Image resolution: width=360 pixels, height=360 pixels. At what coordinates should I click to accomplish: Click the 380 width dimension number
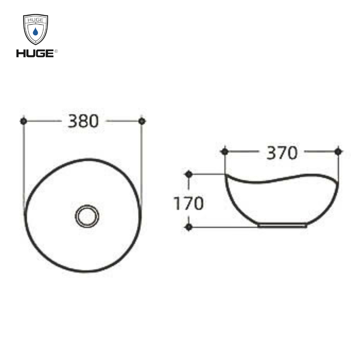[83, 121]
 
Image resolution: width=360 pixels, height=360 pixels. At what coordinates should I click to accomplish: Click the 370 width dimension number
[282, 153]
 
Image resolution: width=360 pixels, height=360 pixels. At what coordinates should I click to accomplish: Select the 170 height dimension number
[188, 203]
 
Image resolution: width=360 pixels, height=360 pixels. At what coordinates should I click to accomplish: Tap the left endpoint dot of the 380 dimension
[23, 121]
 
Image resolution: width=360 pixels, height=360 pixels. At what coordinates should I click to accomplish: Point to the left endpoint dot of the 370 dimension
[225, 152]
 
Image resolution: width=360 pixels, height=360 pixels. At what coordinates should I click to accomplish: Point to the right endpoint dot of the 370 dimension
[338, 152]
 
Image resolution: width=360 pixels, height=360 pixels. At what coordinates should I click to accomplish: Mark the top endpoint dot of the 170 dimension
[189, 174]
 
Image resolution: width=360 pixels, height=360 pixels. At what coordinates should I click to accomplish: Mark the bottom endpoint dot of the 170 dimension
[189, 227]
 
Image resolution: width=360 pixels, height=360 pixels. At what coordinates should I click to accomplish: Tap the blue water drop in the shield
[35, 32]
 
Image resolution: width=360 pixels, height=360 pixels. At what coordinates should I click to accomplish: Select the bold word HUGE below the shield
[35, 53]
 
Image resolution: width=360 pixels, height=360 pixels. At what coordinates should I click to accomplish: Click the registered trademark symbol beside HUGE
[56, 51]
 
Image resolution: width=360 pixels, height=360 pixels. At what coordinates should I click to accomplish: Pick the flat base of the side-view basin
[282, 226]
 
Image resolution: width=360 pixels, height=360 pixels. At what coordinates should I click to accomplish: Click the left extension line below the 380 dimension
[24, 160]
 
